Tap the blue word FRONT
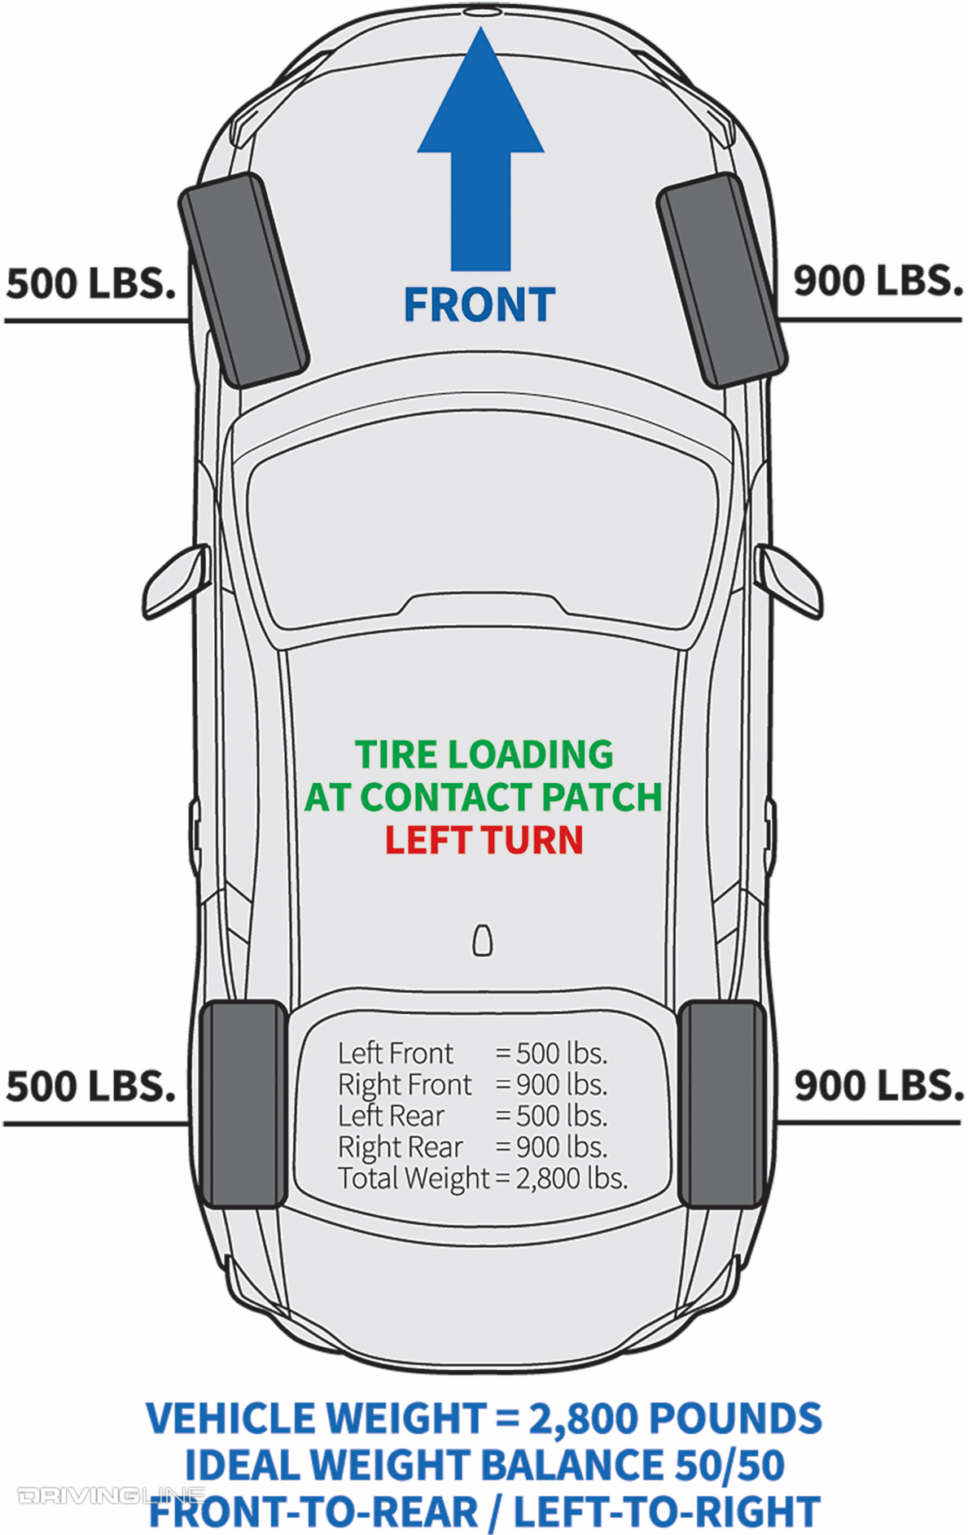(x=479, y=305)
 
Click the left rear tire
(x=243, y=1104)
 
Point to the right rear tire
(x=721, y=1104)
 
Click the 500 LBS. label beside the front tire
(x=90, y=283)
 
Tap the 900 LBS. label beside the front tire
(x=878, y=281)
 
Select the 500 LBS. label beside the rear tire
(x=90, y=1086)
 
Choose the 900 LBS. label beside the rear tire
(x=878, y=1086)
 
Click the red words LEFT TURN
(x=484, y=840)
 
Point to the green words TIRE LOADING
(x=484, y=754)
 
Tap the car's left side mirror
(x=176, y=581)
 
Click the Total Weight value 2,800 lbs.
(x=572, y=1178)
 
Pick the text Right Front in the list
(x=405, y=1085)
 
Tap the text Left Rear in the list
(x=391, y=1116)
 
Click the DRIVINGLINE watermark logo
(x=110, y=1495)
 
